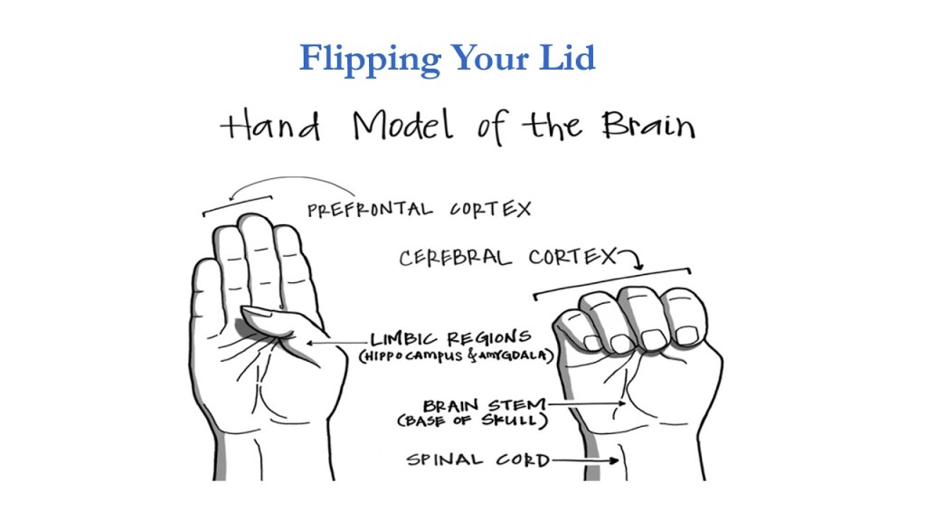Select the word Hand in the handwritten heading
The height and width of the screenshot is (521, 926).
[270, 127]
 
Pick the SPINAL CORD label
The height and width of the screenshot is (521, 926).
[477, 460]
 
